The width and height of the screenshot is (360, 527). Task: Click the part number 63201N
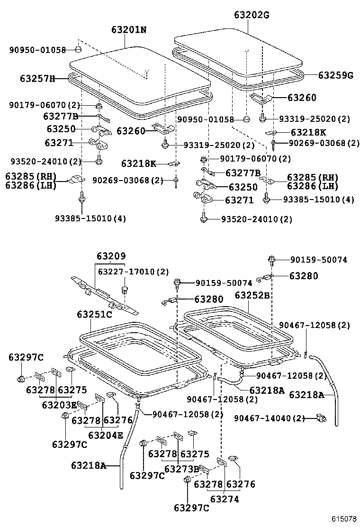click(x=129, y=30)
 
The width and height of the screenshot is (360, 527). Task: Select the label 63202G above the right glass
click(x=251, y=15)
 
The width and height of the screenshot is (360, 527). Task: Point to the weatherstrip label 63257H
click(x=37, y=78)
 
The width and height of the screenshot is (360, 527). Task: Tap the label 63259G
click(x=335, y=75)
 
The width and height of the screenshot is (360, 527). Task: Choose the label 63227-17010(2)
click(x=133, y=272)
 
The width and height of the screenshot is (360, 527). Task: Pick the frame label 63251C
click(x=94, y=314)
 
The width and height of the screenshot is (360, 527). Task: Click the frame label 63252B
click(x=252, y=296)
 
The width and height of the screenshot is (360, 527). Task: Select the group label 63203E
click(x=59, y=405)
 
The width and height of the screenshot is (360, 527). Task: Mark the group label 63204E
click(x=105, y=435)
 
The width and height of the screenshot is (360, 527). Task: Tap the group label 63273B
click(x=181, y=469)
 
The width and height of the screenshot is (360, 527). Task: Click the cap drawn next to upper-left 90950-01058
click(x=79, y=49)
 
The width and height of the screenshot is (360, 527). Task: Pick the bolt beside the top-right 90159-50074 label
click(x=272, y=259)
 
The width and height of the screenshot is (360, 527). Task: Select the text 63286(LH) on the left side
click(x=31, y=186)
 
